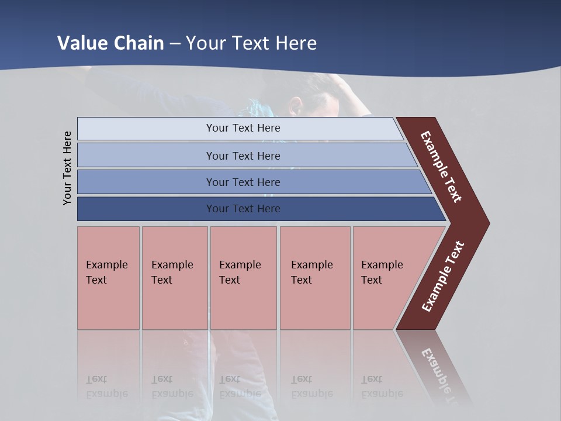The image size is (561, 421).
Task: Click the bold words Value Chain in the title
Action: point(110,43)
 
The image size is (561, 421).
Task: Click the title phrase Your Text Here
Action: point(251,43)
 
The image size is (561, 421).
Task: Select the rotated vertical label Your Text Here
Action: point(67,168)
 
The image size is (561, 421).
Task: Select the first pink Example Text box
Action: point(108,278)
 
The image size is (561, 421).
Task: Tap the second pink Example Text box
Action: point(174,278)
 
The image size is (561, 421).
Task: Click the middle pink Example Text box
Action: point(243,278)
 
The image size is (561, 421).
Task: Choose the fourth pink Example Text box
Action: point(314,278)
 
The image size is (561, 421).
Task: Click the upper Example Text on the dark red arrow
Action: point(441,167)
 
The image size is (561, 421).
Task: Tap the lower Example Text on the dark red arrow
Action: point(443,277)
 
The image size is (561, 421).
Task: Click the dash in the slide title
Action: point(175,44)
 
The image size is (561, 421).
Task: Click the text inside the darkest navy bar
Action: point(243,209)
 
